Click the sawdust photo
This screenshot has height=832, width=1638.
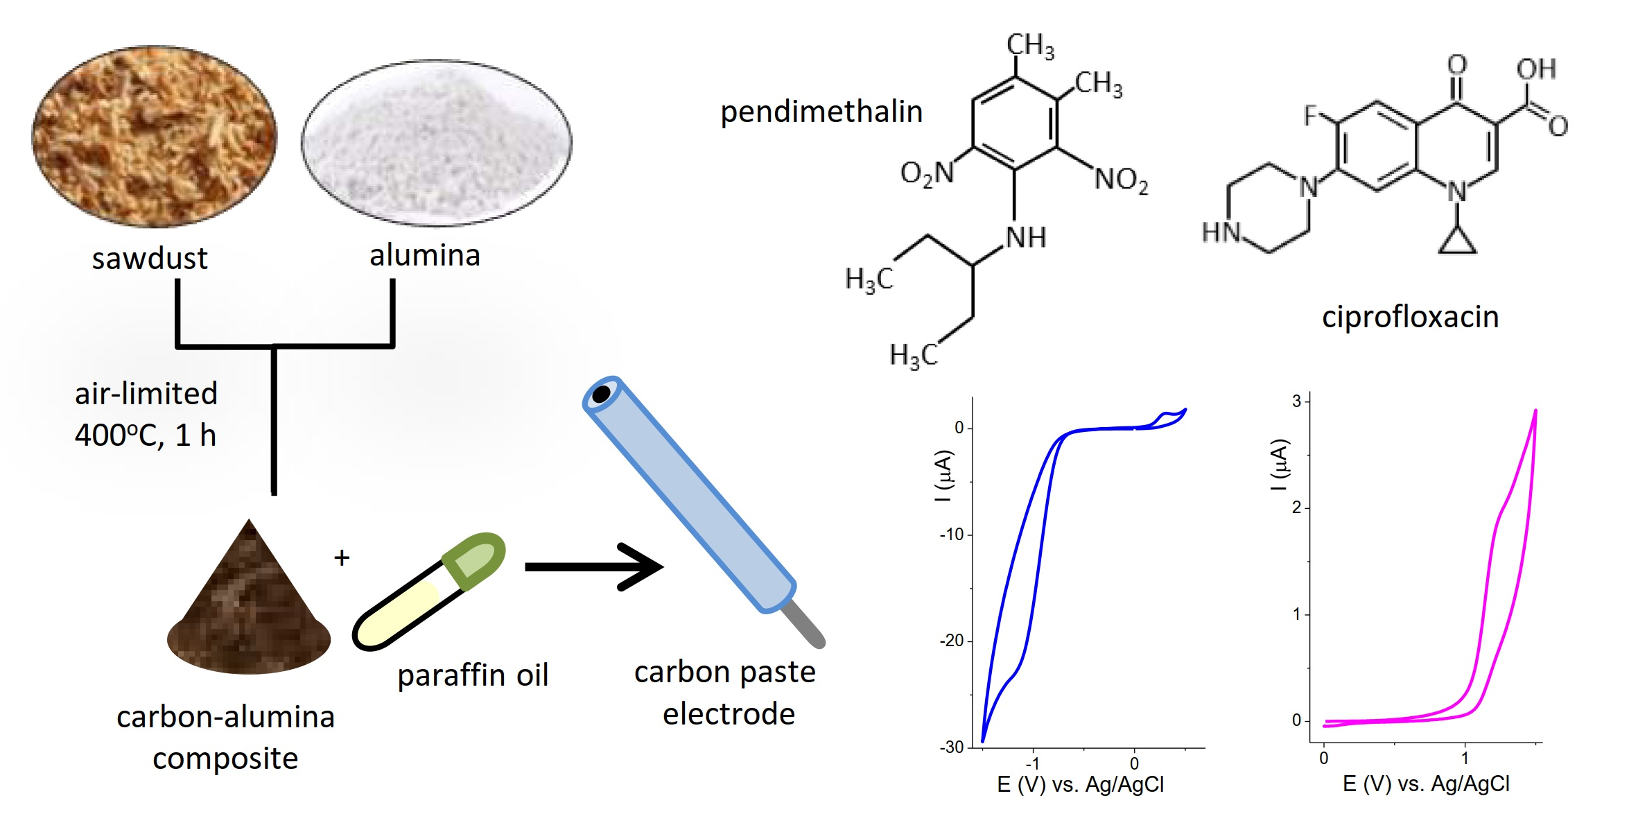pos(154,137)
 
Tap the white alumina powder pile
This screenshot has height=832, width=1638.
pos(436,142)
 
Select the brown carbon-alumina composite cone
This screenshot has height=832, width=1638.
pos(248,610)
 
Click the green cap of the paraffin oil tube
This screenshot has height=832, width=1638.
pos(475,560)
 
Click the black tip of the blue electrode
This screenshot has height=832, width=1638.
pos(601,395)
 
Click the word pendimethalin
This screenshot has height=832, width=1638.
pos(821,112)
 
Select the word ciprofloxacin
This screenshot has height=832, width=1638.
pos(1410,317)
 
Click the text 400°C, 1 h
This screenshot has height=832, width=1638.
pos(146,435)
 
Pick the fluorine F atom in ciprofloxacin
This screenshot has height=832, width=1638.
pos(1309,115)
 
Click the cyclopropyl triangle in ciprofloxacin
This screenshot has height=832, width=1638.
pos(1457,241)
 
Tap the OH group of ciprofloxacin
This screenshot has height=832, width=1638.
pos(1536,69)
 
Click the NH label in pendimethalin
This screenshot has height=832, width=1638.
pos(1025,238)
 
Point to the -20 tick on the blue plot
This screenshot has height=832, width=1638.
pos(953,641)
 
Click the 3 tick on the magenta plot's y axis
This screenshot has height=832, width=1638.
pos(1296,401)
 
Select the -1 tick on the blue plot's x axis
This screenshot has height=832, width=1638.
pos(1033,763)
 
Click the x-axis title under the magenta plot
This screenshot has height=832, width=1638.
pos(1426,784)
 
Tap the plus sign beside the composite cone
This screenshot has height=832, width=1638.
pos(342,557)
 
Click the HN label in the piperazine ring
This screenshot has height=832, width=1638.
pos(1220,232)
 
